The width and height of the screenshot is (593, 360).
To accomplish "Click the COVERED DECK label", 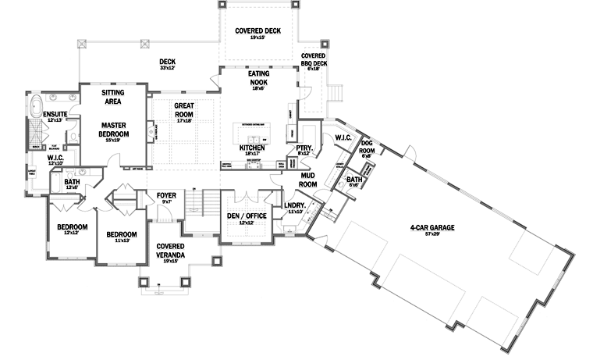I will point(257,32).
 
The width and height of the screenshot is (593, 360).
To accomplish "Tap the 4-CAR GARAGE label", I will point(431,228).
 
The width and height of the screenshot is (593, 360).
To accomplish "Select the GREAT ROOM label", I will point(184,110).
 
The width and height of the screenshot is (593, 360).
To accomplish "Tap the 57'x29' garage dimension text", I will point(431,235).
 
